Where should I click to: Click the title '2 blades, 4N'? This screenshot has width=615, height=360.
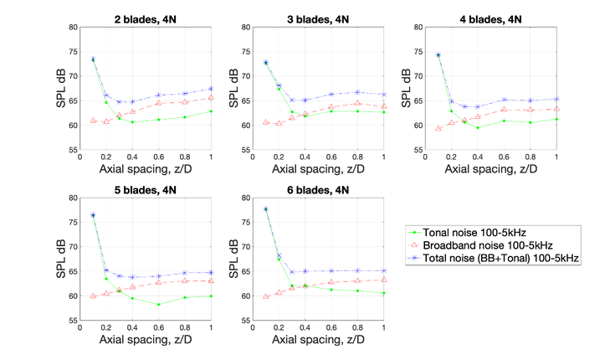coord(145,17)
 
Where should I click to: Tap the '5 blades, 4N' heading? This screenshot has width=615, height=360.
coord(145,188)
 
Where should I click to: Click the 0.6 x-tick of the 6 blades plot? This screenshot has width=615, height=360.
coord(331,328)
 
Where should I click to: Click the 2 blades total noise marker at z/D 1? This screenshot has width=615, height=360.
coord(211,89)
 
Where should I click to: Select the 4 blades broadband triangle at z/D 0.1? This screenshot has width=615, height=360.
coord(438,128)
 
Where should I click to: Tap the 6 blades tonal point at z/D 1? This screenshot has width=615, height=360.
coord(383,293)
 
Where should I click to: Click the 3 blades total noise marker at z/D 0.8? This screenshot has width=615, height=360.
coord(357,92)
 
